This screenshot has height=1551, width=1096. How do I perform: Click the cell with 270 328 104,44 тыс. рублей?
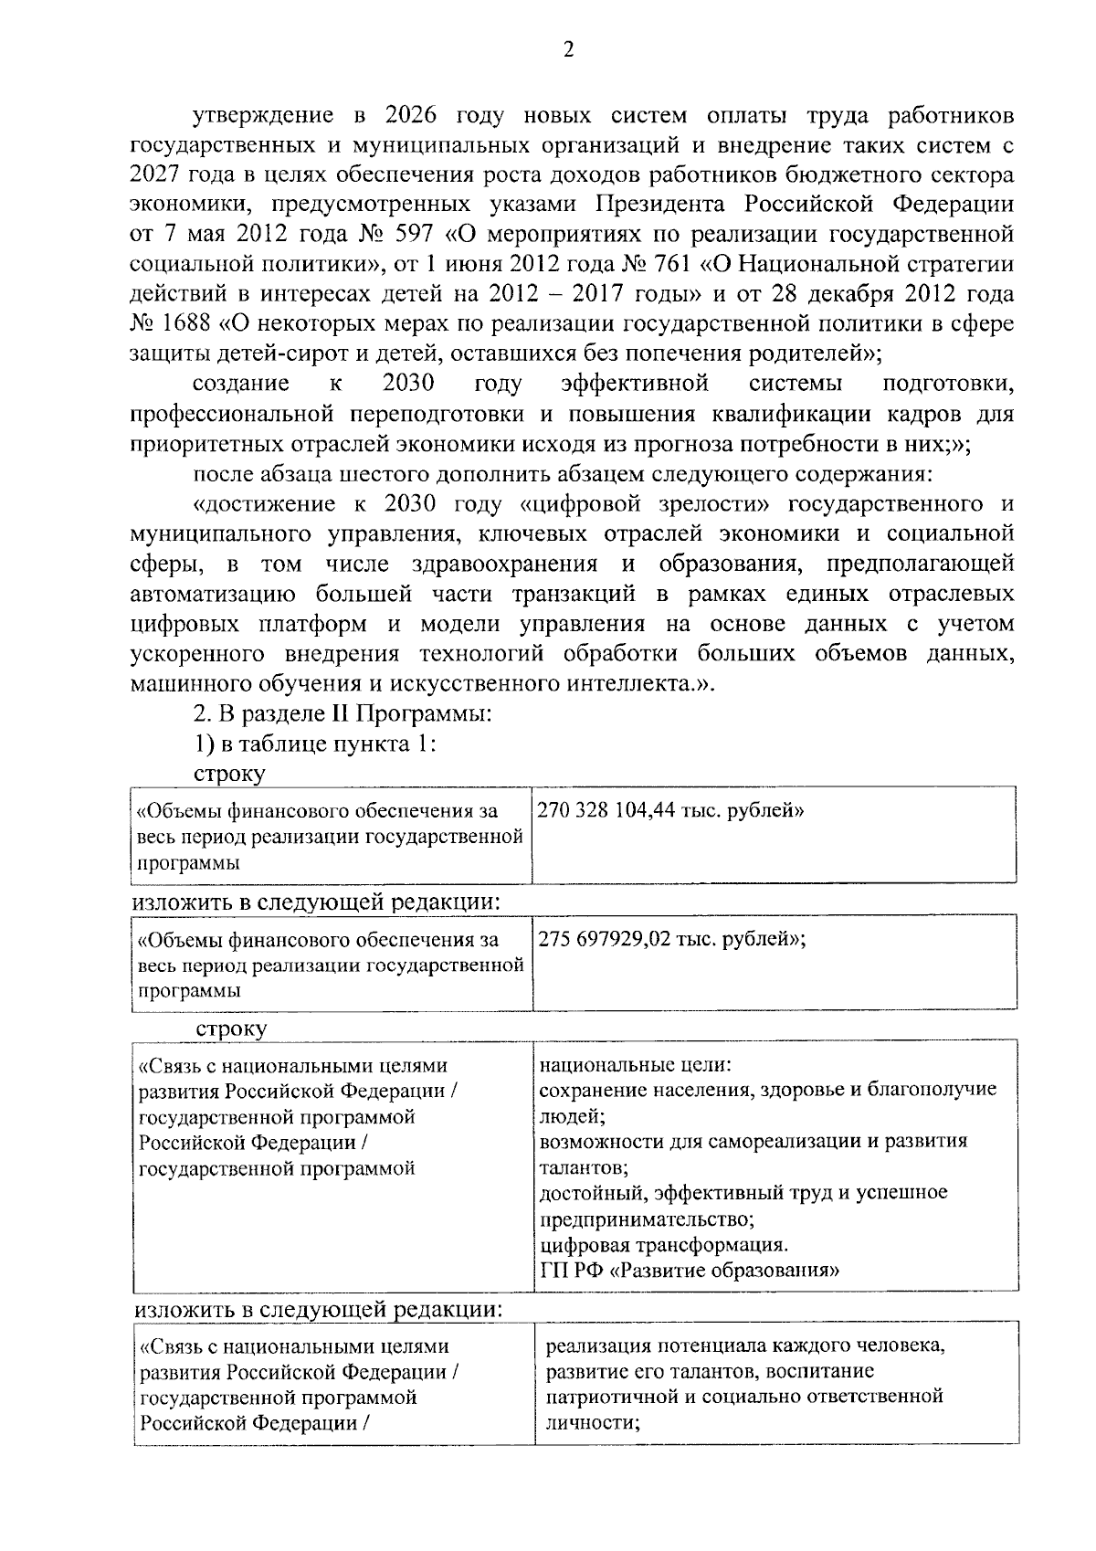(671, 810)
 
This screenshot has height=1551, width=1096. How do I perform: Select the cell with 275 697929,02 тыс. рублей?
(672, 939)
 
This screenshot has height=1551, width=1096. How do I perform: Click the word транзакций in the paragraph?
(574, 595)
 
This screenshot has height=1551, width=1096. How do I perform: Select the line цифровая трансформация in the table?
(663, 1245)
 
